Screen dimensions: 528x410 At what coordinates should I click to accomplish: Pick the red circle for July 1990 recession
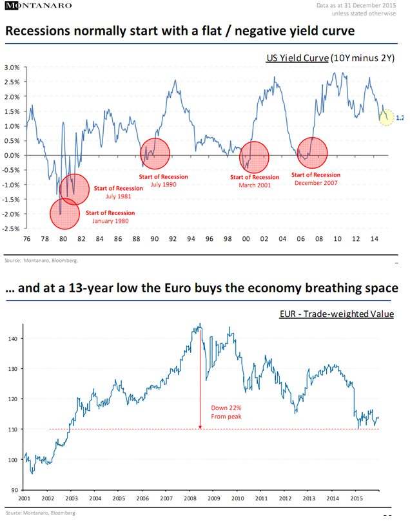coord(155,154)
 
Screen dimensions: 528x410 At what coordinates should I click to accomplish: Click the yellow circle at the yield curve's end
coord(386,118)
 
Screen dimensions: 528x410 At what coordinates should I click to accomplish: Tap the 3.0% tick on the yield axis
coord(14,68)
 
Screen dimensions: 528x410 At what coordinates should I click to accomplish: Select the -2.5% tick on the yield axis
coord(12,229)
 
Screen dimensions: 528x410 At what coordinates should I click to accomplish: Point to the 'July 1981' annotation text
coord(117,196)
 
